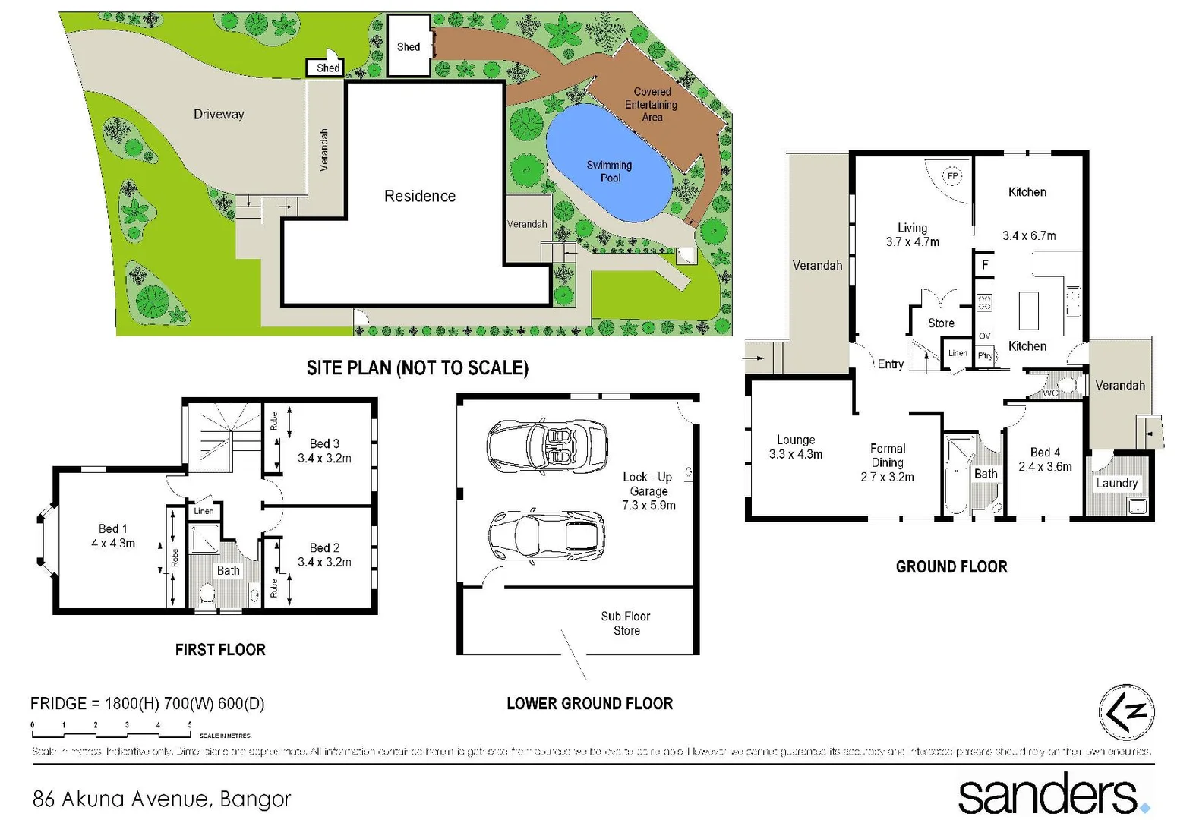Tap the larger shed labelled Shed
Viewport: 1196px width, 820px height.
click(x=409, y=46)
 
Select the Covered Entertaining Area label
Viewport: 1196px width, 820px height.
click(x=651, y=105)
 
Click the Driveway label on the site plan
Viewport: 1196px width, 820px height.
click(x=219, y=115)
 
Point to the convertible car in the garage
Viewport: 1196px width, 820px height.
click(x=547, y=446)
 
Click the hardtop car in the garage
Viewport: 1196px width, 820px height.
click(x=547, y=537)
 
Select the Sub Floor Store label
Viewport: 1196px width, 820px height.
click(x=626, y=623)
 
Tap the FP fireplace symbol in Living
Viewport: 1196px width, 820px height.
click(x=952, y=176)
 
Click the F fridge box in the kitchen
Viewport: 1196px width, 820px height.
click(x=985, y=265)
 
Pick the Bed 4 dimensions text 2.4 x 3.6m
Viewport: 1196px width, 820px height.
click(x=1045, y=467)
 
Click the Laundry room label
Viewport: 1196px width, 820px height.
click(x=1116, y=483)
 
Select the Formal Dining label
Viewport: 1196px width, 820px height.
click(x=887, y=456)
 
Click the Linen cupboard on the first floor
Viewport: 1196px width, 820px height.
click(x=204, y=511)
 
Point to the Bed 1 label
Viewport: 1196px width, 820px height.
click(x=112, y=528)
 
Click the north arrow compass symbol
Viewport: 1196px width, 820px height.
click(x=1126, y=712)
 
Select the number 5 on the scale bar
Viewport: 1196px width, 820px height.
click(x=190, y=725)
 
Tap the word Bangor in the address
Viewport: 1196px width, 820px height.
click(x=255, y=799)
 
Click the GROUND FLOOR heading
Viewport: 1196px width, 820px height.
click(x=951, y=567)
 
